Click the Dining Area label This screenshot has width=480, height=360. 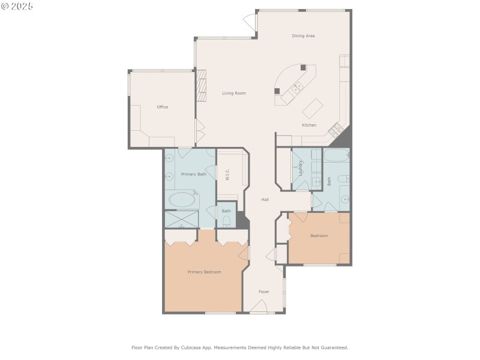coord(303,36)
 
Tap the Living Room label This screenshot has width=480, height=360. coord(234,93)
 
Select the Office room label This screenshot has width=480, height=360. coord(162,107)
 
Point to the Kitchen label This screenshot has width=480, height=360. coord(309,125)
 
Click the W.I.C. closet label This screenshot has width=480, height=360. coord(227,175)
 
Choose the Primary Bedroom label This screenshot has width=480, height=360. coord(204,272)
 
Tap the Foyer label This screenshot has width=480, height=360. coord(264,292)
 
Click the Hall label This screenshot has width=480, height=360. coord(265,199)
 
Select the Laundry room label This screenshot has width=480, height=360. coord(301,169)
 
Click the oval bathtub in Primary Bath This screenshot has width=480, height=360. coord(182,200)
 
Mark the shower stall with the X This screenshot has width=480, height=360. coord(182,219)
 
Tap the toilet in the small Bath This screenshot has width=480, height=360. coord(227,221)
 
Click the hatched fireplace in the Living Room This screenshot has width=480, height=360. coord(201,86)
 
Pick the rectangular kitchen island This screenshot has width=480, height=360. coord(313,108)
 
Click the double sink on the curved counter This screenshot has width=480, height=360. coord(296,88)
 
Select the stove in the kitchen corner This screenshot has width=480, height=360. coord(335,130)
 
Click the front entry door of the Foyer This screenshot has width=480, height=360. coord(259,307)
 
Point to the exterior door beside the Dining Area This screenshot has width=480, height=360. coord(250,22)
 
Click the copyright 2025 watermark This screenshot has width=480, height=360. coord(17,6)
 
